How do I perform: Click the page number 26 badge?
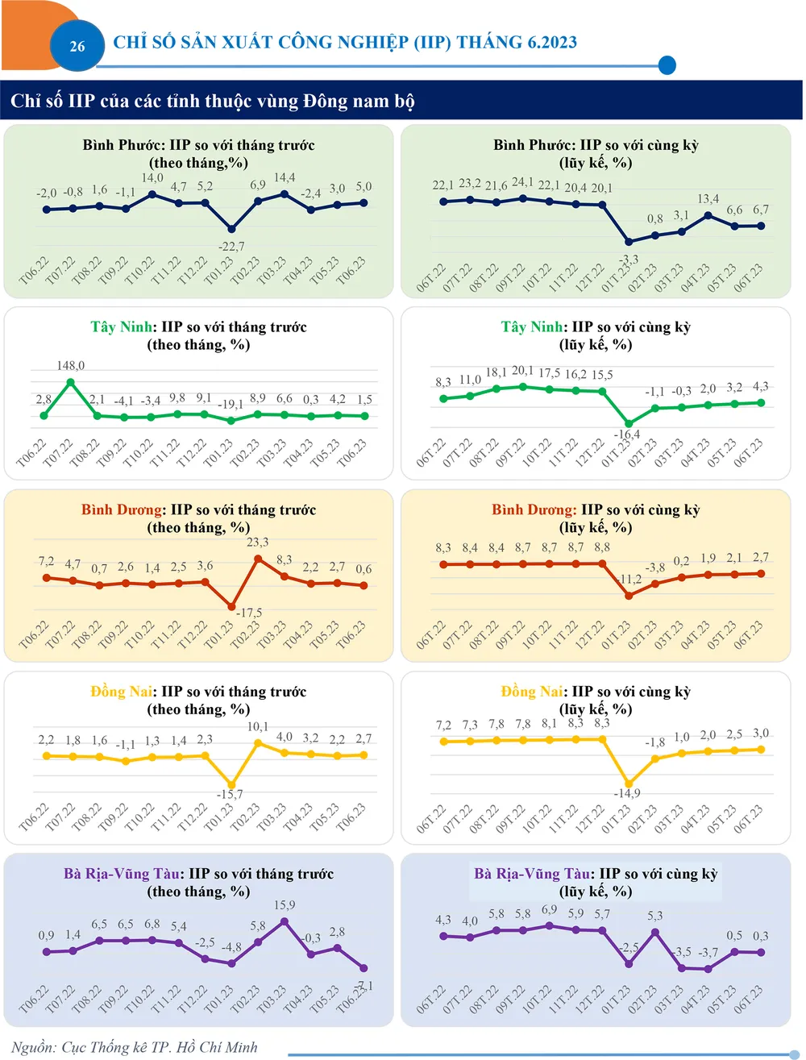click(x=77, y=46)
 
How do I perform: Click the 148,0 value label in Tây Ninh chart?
click(x=70, y=365)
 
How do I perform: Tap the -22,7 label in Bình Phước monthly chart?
click(x=231, y=247)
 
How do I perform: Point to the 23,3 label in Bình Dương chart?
click(x=258, y=542)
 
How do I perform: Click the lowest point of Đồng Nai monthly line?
click(x=231, y=784)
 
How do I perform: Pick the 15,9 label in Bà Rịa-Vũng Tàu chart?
click(x=285, y=905)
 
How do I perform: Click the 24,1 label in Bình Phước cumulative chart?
click(x=522, y=182)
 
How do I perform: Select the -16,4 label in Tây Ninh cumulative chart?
click(x=627, y=434)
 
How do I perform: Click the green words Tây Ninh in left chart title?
click(x=122, y=327)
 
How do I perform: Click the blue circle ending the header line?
click(x=667, y=65)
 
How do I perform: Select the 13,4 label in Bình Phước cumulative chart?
click(x=708, y=199)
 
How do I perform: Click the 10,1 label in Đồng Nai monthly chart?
click(x=258, y=727)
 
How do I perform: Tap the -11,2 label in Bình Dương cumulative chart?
click(x=630, y=580)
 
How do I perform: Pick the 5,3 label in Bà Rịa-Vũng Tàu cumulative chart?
click(x=655, y=916)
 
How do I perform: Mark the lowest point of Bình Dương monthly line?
click(x=231, y=606)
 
